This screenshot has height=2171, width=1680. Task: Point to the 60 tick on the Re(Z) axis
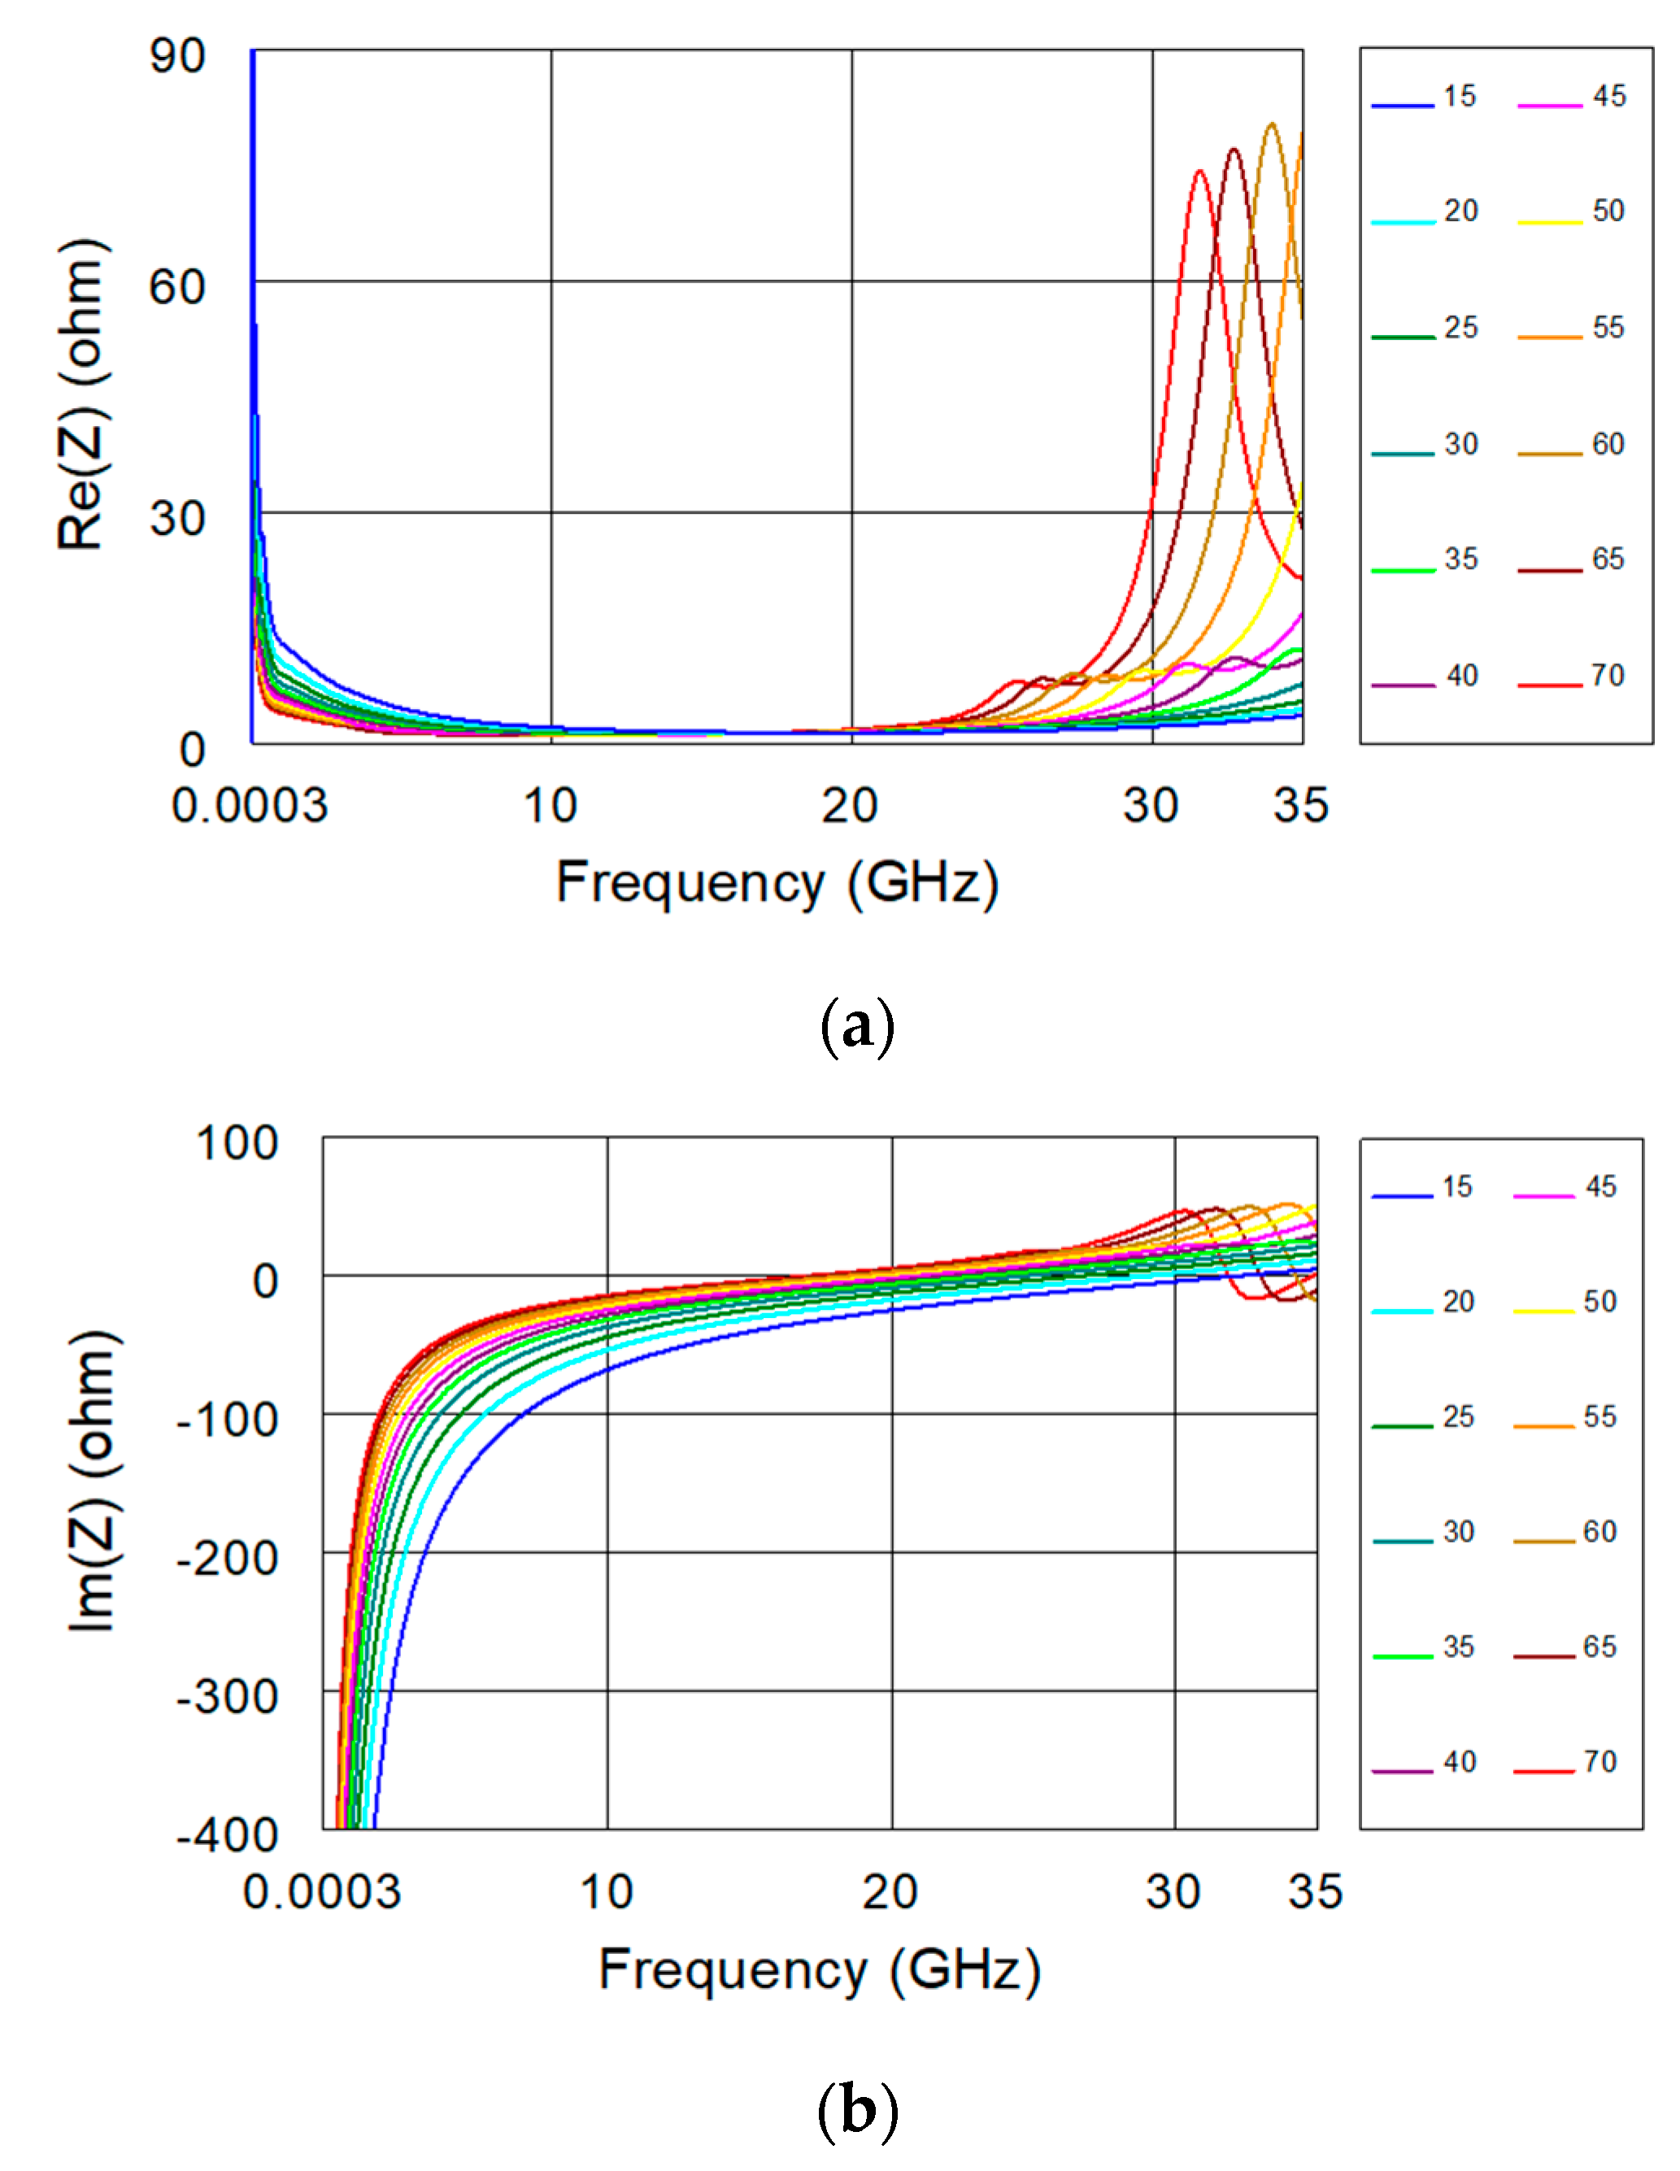tap(177, 287)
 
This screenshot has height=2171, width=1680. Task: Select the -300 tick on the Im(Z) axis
tap(227, 1696)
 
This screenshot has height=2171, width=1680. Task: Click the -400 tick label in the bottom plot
tap(227, 1835)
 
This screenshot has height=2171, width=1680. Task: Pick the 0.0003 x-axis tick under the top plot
tap(250, 805)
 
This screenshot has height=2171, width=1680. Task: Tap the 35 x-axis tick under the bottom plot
tap(1315, 1891)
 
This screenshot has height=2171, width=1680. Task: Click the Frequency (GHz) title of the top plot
tap(777, 883)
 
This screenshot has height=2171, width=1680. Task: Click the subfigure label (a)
tap(857, 1028)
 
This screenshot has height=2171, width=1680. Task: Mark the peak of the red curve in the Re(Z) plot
tap(1200, 171)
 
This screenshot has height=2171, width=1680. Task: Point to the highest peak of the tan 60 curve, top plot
tap(1270, 124)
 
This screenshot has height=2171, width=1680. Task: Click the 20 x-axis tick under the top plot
tap(850, 805)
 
